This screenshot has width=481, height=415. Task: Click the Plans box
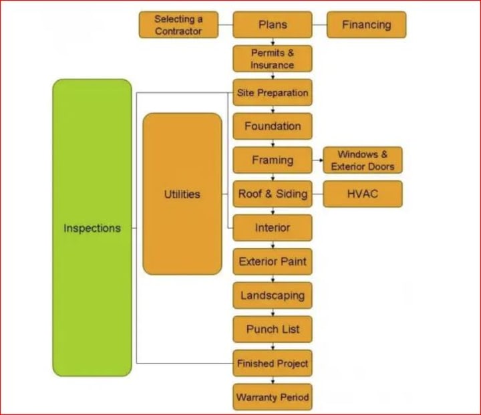273,25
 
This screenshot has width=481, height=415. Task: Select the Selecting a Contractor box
178,25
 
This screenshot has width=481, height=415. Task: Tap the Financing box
366,25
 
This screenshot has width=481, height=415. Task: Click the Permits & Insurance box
273,59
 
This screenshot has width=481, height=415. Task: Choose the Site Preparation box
273,93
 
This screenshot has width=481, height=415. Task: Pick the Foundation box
273,126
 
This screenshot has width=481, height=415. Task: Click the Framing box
273,160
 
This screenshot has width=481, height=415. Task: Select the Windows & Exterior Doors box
363,160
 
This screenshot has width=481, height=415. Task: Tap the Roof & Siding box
273,194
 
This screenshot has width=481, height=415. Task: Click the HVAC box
363,194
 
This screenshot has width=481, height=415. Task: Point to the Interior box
273,228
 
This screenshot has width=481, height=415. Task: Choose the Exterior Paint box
273,262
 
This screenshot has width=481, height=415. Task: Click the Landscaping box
273,295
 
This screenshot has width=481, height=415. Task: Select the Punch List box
273,329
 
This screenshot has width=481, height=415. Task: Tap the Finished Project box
273,364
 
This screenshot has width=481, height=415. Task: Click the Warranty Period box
273,398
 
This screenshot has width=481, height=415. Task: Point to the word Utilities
182,194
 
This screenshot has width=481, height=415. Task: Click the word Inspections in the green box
92,228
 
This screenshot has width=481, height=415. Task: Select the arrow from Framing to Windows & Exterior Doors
317,160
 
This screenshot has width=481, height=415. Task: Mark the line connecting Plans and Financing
319,25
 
